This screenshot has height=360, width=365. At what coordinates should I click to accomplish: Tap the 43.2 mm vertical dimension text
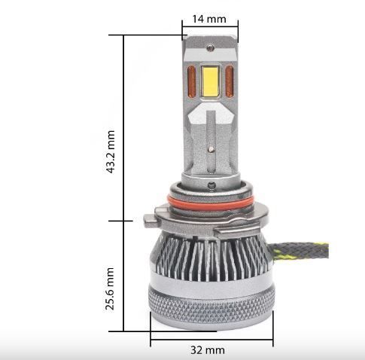pyautogui.click(x=111, y=151)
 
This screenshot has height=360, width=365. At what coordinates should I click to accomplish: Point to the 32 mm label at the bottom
pyautogui.click(x=208, y=349)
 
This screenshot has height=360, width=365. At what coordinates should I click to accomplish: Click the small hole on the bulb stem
pyautogui.click(x=211, y=147)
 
